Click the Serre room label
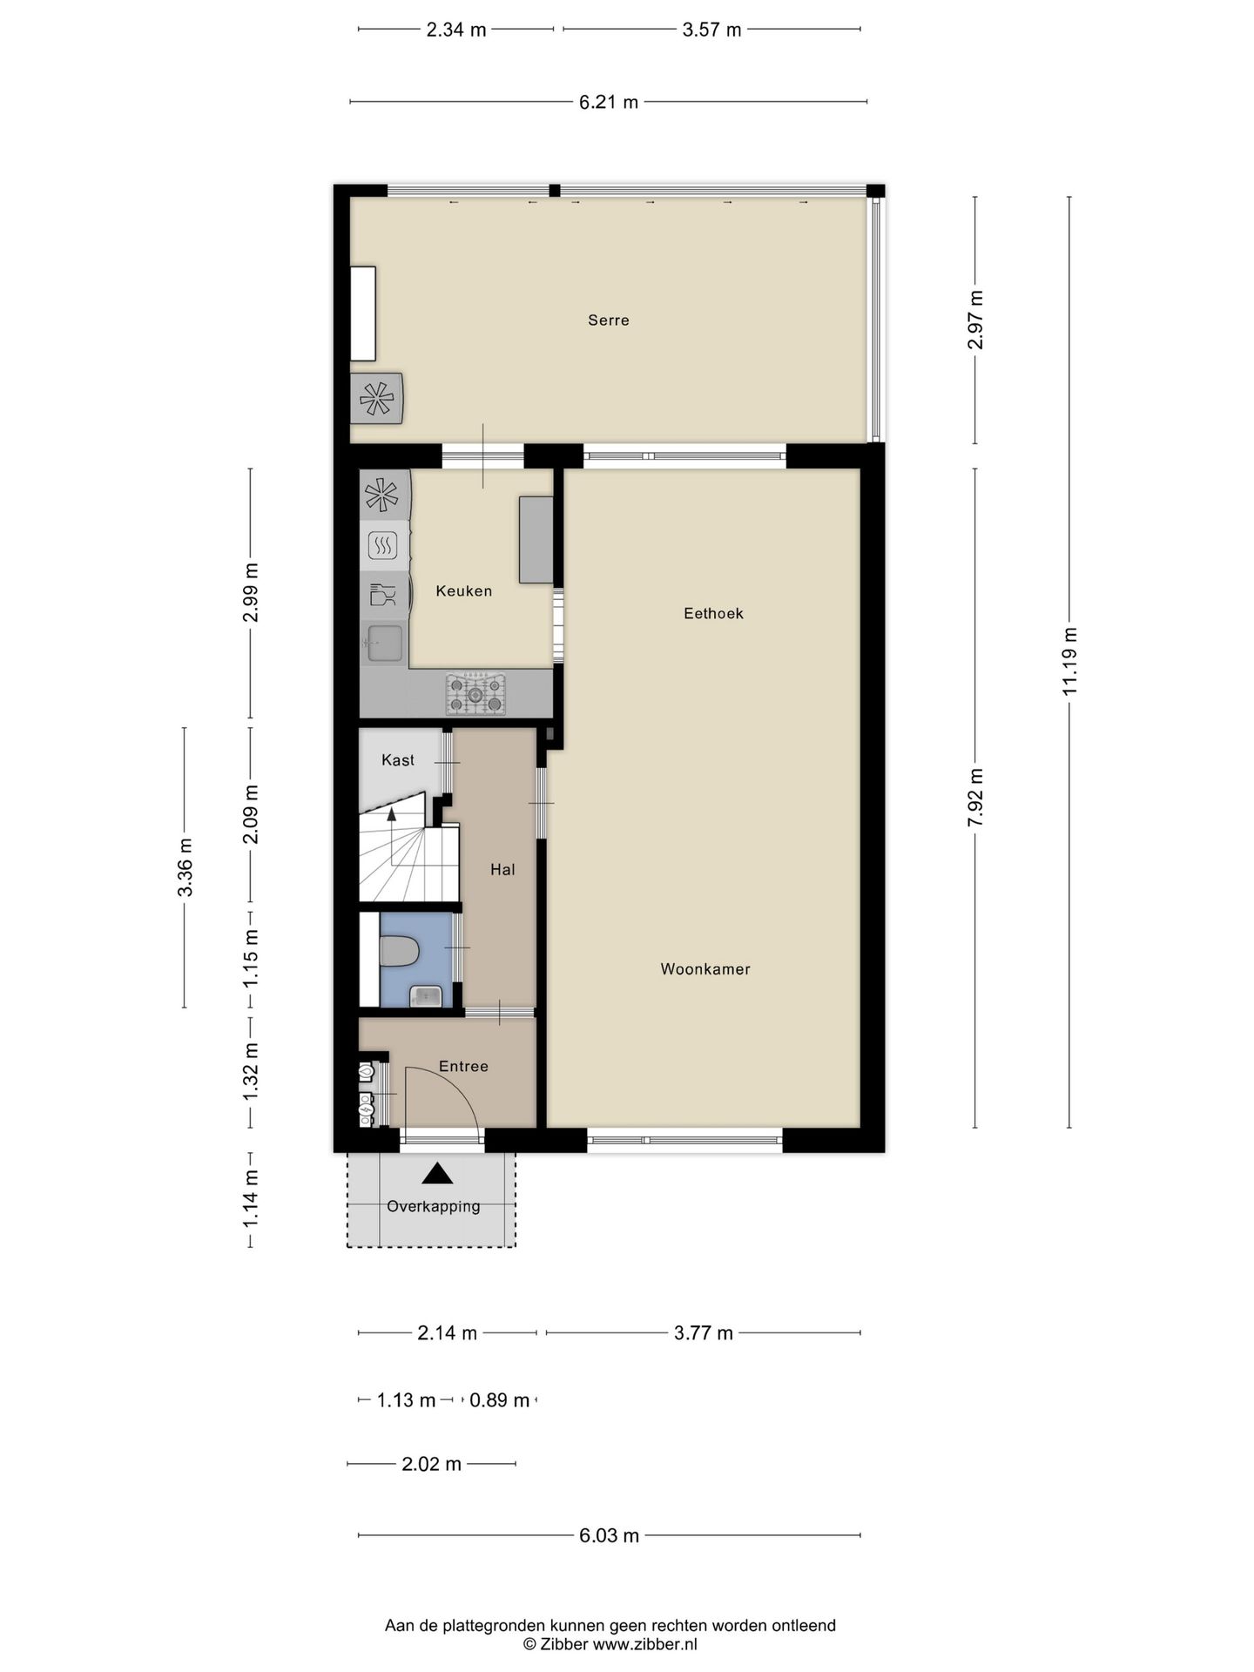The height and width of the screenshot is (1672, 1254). [x=608, y=320]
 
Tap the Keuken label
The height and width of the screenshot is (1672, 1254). [x=464, y=591]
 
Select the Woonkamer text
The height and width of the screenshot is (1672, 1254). [x=705, y=969]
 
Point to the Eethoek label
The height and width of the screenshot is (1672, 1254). [x=713, y=614]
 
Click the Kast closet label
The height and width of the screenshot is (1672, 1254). [x=398, y=760]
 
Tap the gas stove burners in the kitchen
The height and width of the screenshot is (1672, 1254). [x=475, y=694]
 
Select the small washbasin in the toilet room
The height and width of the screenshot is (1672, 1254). [x=426, y=995]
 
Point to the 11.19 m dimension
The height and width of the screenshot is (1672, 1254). [x=1070, y=661]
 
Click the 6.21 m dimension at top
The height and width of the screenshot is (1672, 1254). [x=609, y=102]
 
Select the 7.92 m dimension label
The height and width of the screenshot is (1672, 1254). [x=975, y=799]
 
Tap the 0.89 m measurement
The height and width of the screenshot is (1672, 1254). [x=500, y=1400]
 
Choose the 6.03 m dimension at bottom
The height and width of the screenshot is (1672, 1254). [x=609, y=1535]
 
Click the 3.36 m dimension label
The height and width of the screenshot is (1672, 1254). [x=185, y=866]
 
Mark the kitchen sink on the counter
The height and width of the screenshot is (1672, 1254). [x=384, y=645]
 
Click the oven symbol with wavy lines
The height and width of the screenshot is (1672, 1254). [x=383, y=546]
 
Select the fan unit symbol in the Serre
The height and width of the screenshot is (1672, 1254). [x=376, y=399]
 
